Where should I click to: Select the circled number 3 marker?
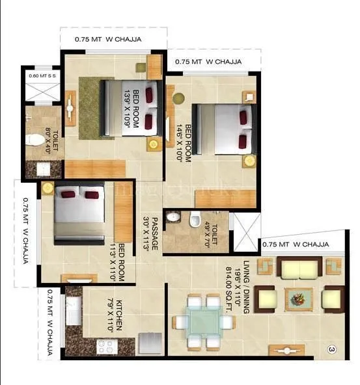pyautogui.click(x=331, y=351)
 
